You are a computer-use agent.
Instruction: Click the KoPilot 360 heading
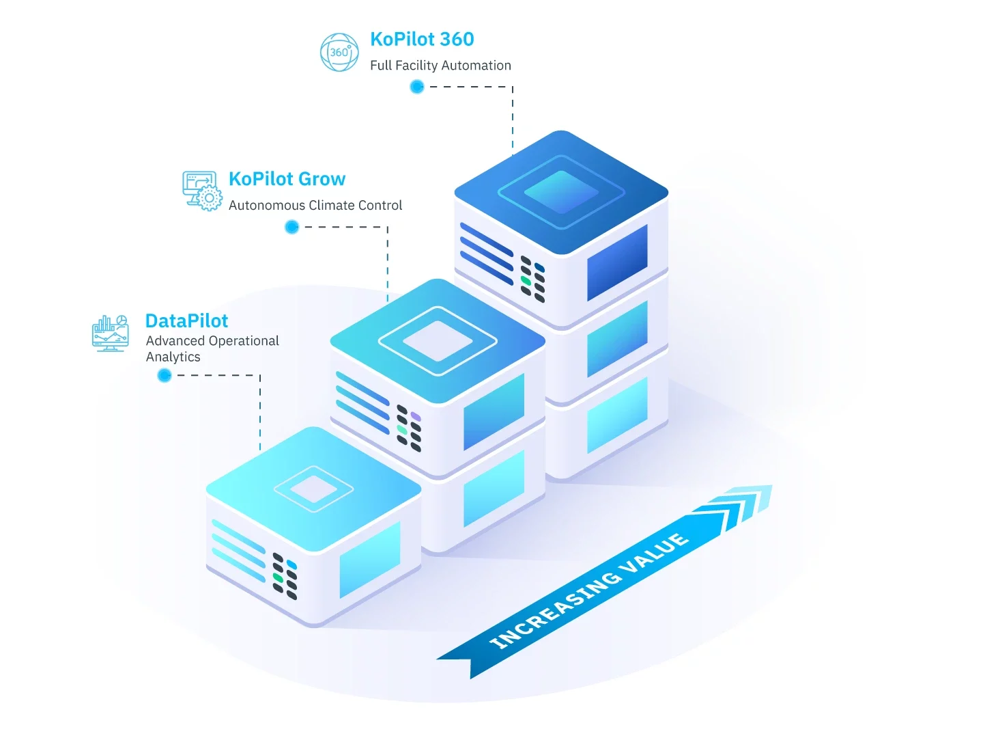pyautogui.click(x=422, y=40)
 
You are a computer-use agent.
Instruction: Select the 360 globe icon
pyautogui.click(x=339, y=52)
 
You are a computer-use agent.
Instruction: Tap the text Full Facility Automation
pyautogui.click(x=440, y=66)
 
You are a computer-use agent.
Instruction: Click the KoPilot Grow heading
pyautogui.click(x=287, y=179)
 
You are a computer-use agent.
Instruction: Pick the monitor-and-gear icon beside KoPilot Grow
pyautogui.click(x=202, y=191)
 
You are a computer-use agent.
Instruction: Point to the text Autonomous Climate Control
pyautogui.click(x=315, y=205)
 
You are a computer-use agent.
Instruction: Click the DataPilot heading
pyautogui.click(x=187, y=321)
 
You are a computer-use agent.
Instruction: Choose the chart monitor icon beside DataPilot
pyautogui.click(x=110, y=333)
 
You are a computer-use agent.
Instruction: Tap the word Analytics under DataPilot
pyautogui.click(x=173, y=357)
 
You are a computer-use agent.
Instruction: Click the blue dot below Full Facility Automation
pyautogui.click(x=417, y=87)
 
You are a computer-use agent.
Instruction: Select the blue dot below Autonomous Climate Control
pyautogui.click(x=291, y=227)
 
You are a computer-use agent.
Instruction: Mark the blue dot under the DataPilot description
pyautogui.click(x=165, y=375)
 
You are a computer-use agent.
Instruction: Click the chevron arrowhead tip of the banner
pyautogui.click(x=771, y=486)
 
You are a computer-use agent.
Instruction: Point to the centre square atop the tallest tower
pyautogui.click(x=561, y=192)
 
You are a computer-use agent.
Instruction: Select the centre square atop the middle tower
pyautogui.click(x=438, y=340)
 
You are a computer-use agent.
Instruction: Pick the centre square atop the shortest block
pyautogui.click(x=313, y=489)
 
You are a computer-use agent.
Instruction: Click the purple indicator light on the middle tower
pyautogui.click(x=416, y=416)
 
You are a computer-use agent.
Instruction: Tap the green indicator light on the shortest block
pyautogui.click(x=278, y=577)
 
